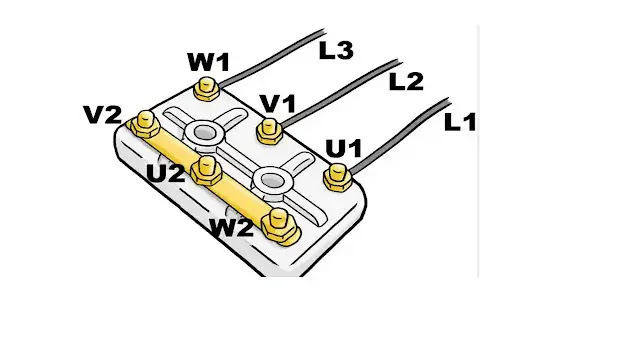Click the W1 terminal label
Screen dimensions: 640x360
[x=209, y=62]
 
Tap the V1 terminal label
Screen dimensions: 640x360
[x=278, y=104]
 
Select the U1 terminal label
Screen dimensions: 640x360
[x=344, y=149]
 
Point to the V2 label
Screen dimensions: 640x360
[x=102, y=115]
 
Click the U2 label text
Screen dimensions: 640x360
[x=166, y=173]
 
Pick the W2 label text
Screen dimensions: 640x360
[x=231, y=228]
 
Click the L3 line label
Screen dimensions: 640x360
[x=336, y=51]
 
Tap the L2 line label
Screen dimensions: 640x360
[x=406, y=82]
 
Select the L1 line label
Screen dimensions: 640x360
[x=460, y=122]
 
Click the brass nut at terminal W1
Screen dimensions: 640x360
[x=207, y=89]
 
